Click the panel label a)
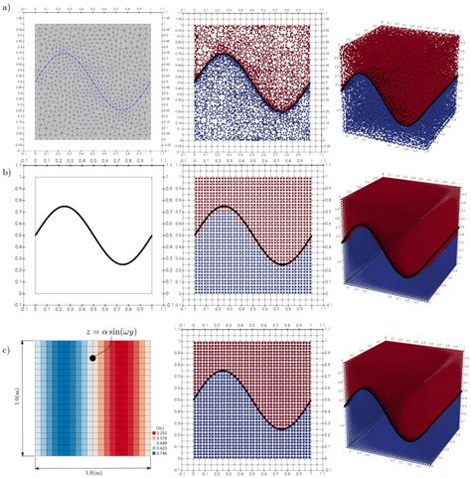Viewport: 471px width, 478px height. point(8,10)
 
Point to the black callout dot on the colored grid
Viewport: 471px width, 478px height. point(92,356)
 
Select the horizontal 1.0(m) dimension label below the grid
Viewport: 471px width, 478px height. point(93,469)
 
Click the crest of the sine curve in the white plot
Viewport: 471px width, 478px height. point(63,207)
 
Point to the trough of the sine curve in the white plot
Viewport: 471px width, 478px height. point(120,263)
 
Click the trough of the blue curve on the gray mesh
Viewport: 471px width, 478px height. point(120,109)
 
